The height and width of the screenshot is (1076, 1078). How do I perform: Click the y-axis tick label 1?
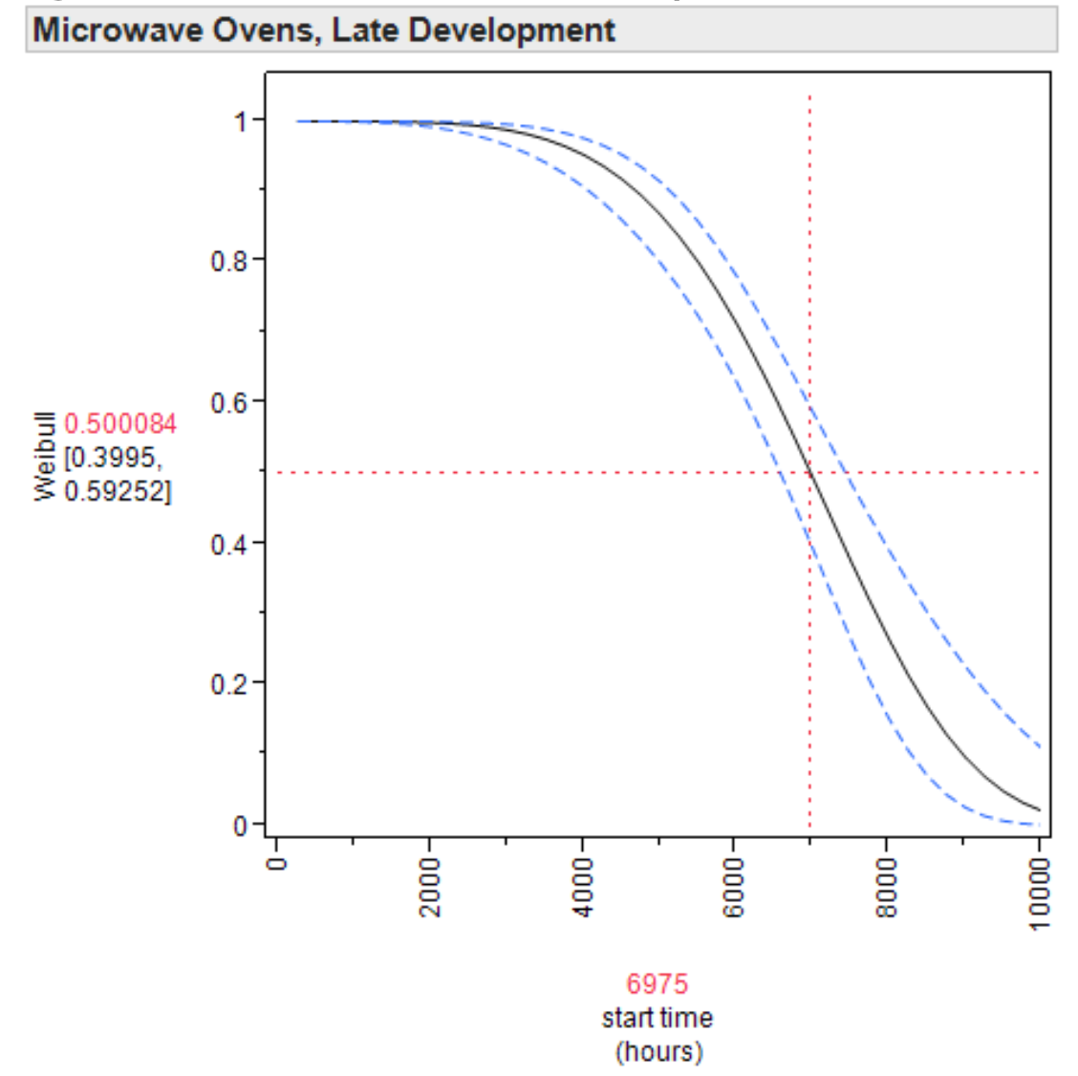(x=241, y=121)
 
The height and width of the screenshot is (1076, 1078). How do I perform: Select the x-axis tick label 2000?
(x=430, y=886)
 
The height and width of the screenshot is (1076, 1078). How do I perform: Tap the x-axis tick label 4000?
(x=583, y=886)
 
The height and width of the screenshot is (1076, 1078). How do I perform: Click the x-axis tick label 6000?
(x=734, y=886)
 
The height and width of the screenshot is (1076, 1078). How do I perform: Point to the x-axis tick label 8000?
(x=887, y=886)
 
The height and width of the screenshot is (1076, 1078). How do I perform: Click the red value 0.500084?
(x=120, y=424)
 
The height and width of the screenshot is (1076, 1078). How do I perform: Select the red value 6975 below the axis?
(x=657, y=983)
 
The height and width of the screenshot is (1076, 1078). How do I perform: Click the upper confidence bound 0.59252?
(x=118, y=491)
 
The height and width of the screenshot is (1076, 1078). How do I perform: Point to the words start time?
(x=657, y=1018)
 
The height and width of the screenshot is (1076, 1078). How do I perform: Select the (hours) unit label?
(x=658, y=1051)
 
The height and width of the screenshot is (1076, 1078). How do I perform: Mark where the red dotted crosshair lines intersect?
(x=809, y=472)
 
